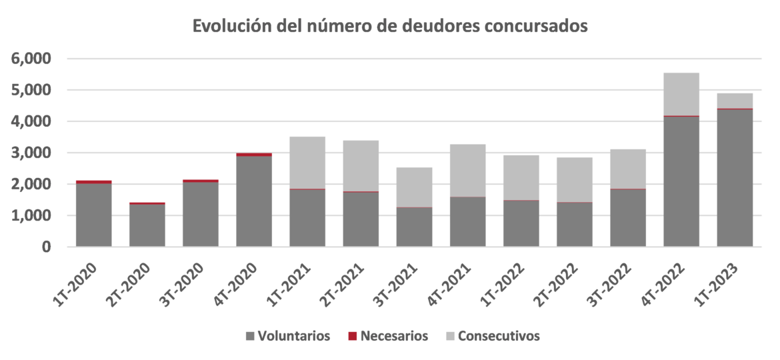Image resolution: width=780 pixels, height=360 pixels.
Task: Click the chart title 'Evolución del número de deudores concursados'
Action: coord(390,27)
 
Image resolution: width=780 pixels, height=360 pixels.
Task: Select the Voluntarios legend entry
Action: coord(287,336)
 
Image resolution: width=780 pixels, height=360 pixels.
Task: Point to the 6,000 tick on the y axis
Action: coord(31,59)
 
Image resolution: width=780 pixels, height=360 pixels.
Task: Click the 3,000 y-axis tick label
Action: coord(31,153)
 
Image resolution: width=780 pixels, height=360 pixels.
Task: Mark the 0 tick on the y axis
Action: coord(47,247)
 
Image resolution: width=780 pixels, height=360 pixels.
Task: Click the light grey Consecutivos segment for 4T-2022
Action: coord(681,93)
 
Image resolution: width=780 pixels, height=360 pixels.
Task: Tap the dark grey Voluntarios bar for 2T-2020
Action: coord(147,225)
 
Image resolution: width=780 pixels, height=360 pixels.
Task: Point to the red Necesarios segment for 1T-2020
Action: coord(94,181)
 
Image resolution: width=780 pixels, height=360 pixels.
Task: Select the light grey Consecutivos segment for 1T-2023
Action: coord(735,100)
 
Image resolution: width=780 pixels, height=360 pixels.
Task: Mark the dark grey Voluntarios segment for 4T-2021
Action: coord(467,222)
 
